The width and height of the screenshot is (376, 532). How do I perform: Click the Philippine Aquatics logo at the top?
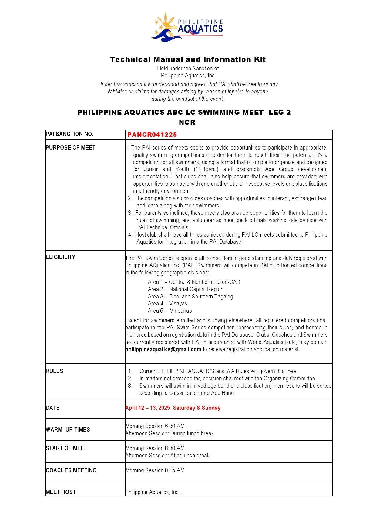point(188,28)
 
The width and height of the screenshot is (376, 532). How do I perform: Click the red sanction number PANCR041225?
point(152,135)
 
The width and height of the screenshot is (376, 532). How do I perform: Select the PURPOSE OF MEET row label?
point(71,148)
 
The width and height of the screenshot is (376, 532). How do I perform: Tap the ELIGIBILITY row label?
point(61,257)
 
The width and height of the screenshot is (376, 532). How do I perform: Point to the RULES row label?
point(55,371)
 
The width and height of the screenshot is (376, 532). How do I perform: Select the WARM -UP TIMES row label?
point(68,430)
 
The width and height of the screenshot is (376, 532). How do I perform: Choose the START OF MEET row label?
point(67,448)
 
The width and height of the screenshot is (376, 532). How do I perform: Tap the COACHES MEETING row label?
point(71,470)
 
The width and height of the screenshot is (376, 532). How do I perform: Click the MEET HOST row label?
point(61,492)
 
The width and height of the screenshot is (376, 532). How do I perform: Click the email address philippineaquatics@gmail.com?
point(163,349)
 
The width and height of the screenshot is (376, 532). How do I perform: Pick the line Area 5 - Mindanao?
point(170,311)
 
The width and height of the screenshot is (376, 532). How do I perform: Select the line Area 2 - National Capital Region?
point(186,289)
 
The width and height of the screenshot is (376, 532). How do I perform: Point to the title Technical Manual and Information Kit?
point(188,59)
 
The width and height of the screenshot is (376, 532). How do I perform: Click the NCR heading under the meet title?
point(187,123)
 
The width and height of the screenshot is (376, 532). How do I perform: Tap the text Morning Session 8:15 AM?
point(155,470)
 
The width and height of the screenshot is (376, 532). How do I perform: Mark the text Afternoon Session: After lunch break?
point(167,456)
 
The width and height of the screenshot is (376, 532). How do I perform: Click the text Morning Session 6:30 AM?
point(155,426)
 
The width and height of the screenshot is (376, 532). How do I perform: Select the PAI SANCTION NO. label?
point(70,134)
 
